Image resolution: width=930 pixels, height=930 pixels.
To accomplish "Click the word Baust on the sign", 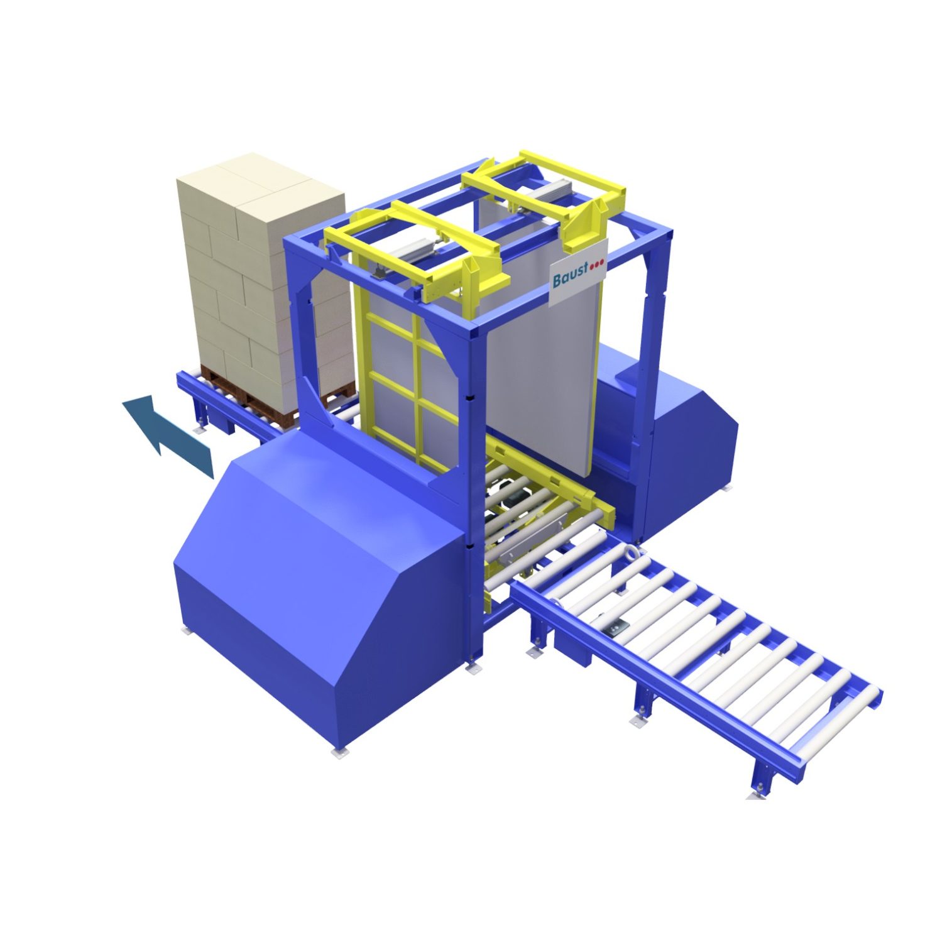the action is (x=570, y=274).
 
